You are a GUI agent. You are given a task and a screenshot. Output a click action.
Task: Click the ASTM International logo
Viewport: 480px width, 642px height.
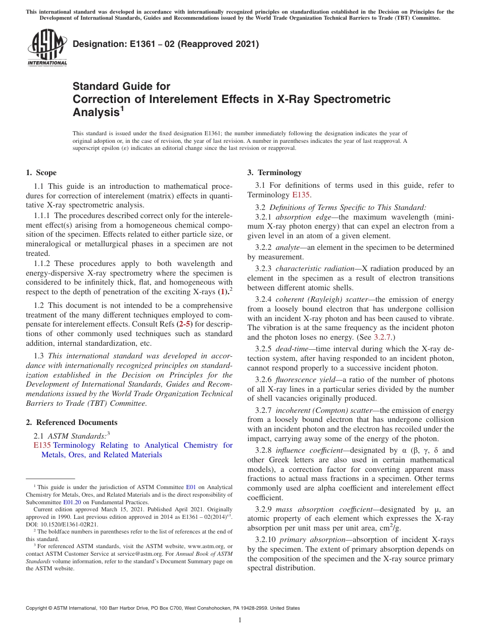tap(47, 47)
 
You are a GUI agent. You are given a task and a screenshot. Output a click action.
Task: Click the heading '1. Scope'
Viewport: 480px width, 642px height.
tap(41, 173)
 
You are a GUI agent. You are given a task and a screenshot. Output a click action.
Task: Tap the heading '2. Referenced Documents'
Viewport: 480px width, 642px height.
tap(72, 422)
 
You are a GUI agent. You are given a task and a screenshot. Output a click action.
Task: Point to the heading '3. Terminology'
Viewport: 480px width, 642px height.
tap(274, 173)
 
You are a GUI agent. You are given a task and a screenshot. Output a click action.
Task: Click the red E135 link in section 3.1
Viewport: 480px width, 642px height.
tap(301, 195)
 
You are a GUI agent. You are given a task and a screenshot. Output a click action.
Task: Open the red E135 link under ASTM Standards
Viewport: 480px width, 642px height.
tap(42, 445)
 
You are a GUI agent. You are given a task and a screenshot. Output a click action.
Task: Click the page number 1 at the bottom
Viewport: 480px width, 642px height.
tap(240, 620)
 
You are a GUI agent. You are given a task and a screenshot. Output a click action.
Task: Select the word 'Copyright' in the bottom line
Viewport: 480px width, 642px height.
tap(37, 608)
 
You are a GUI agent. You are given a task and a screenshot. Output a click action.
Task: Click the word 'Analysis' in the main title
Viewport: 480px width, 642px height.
tap(96, 112)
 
